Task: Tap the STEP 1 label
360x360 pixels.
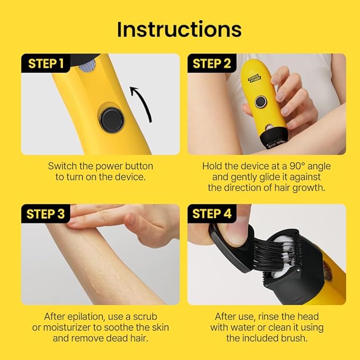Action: click(x=46, y=64)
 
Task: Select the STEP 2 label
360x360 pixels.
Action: click(x=212, y=64)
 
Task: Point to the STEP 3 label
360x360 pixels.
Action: click(x=46, y=214)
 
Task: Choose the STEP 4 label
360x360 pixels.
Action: click(x=212, y=214)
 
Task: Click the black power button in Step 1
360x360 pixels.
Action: click(x=112, y=120)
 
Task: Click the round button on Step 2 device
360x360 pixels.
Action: click(x=260, y=102)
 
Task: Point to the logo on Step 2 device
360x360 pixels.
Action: click(x=256, y=78)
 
